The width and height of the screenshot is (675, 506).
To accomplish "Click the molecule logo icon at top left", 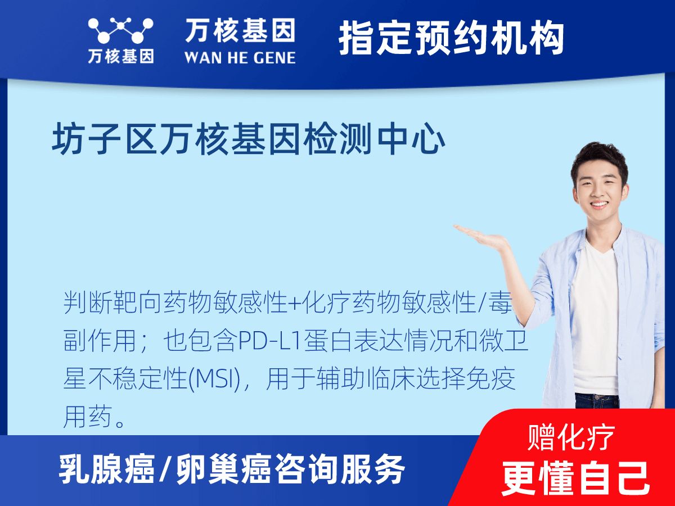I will [x=120, y=31].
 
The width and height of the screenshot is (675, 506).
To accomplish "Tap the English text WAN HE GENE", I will [x=240, y=57].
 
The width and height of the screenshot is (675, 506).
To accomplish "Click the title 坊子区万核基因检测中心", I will [x=249, y=140].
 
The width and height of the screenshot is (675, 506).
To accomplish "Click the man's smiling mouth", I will [x=598, y=204].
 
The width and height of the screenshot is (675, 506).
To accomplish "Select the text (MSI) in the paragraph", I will [x=217, y=379].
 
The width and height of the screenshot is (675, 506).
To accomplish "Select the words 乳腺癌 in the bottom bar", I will [x=107, y=469].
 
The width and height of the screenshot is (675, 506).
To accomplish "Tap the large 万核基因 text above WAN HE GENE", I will [x=240, y=31].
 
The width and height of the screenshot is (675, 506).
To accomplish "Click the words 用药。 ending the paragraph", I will [x=94, y=418].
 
